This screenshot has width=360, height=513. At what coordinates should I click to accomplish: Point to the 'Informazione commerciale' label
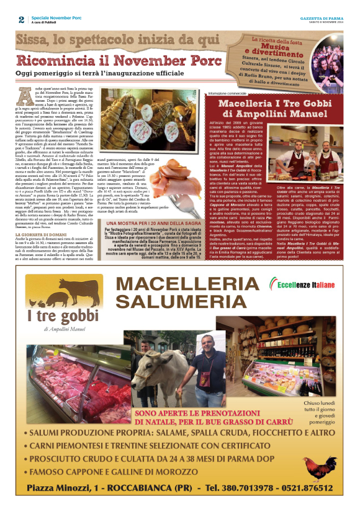pyautogui.click(x=231, y=93)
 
